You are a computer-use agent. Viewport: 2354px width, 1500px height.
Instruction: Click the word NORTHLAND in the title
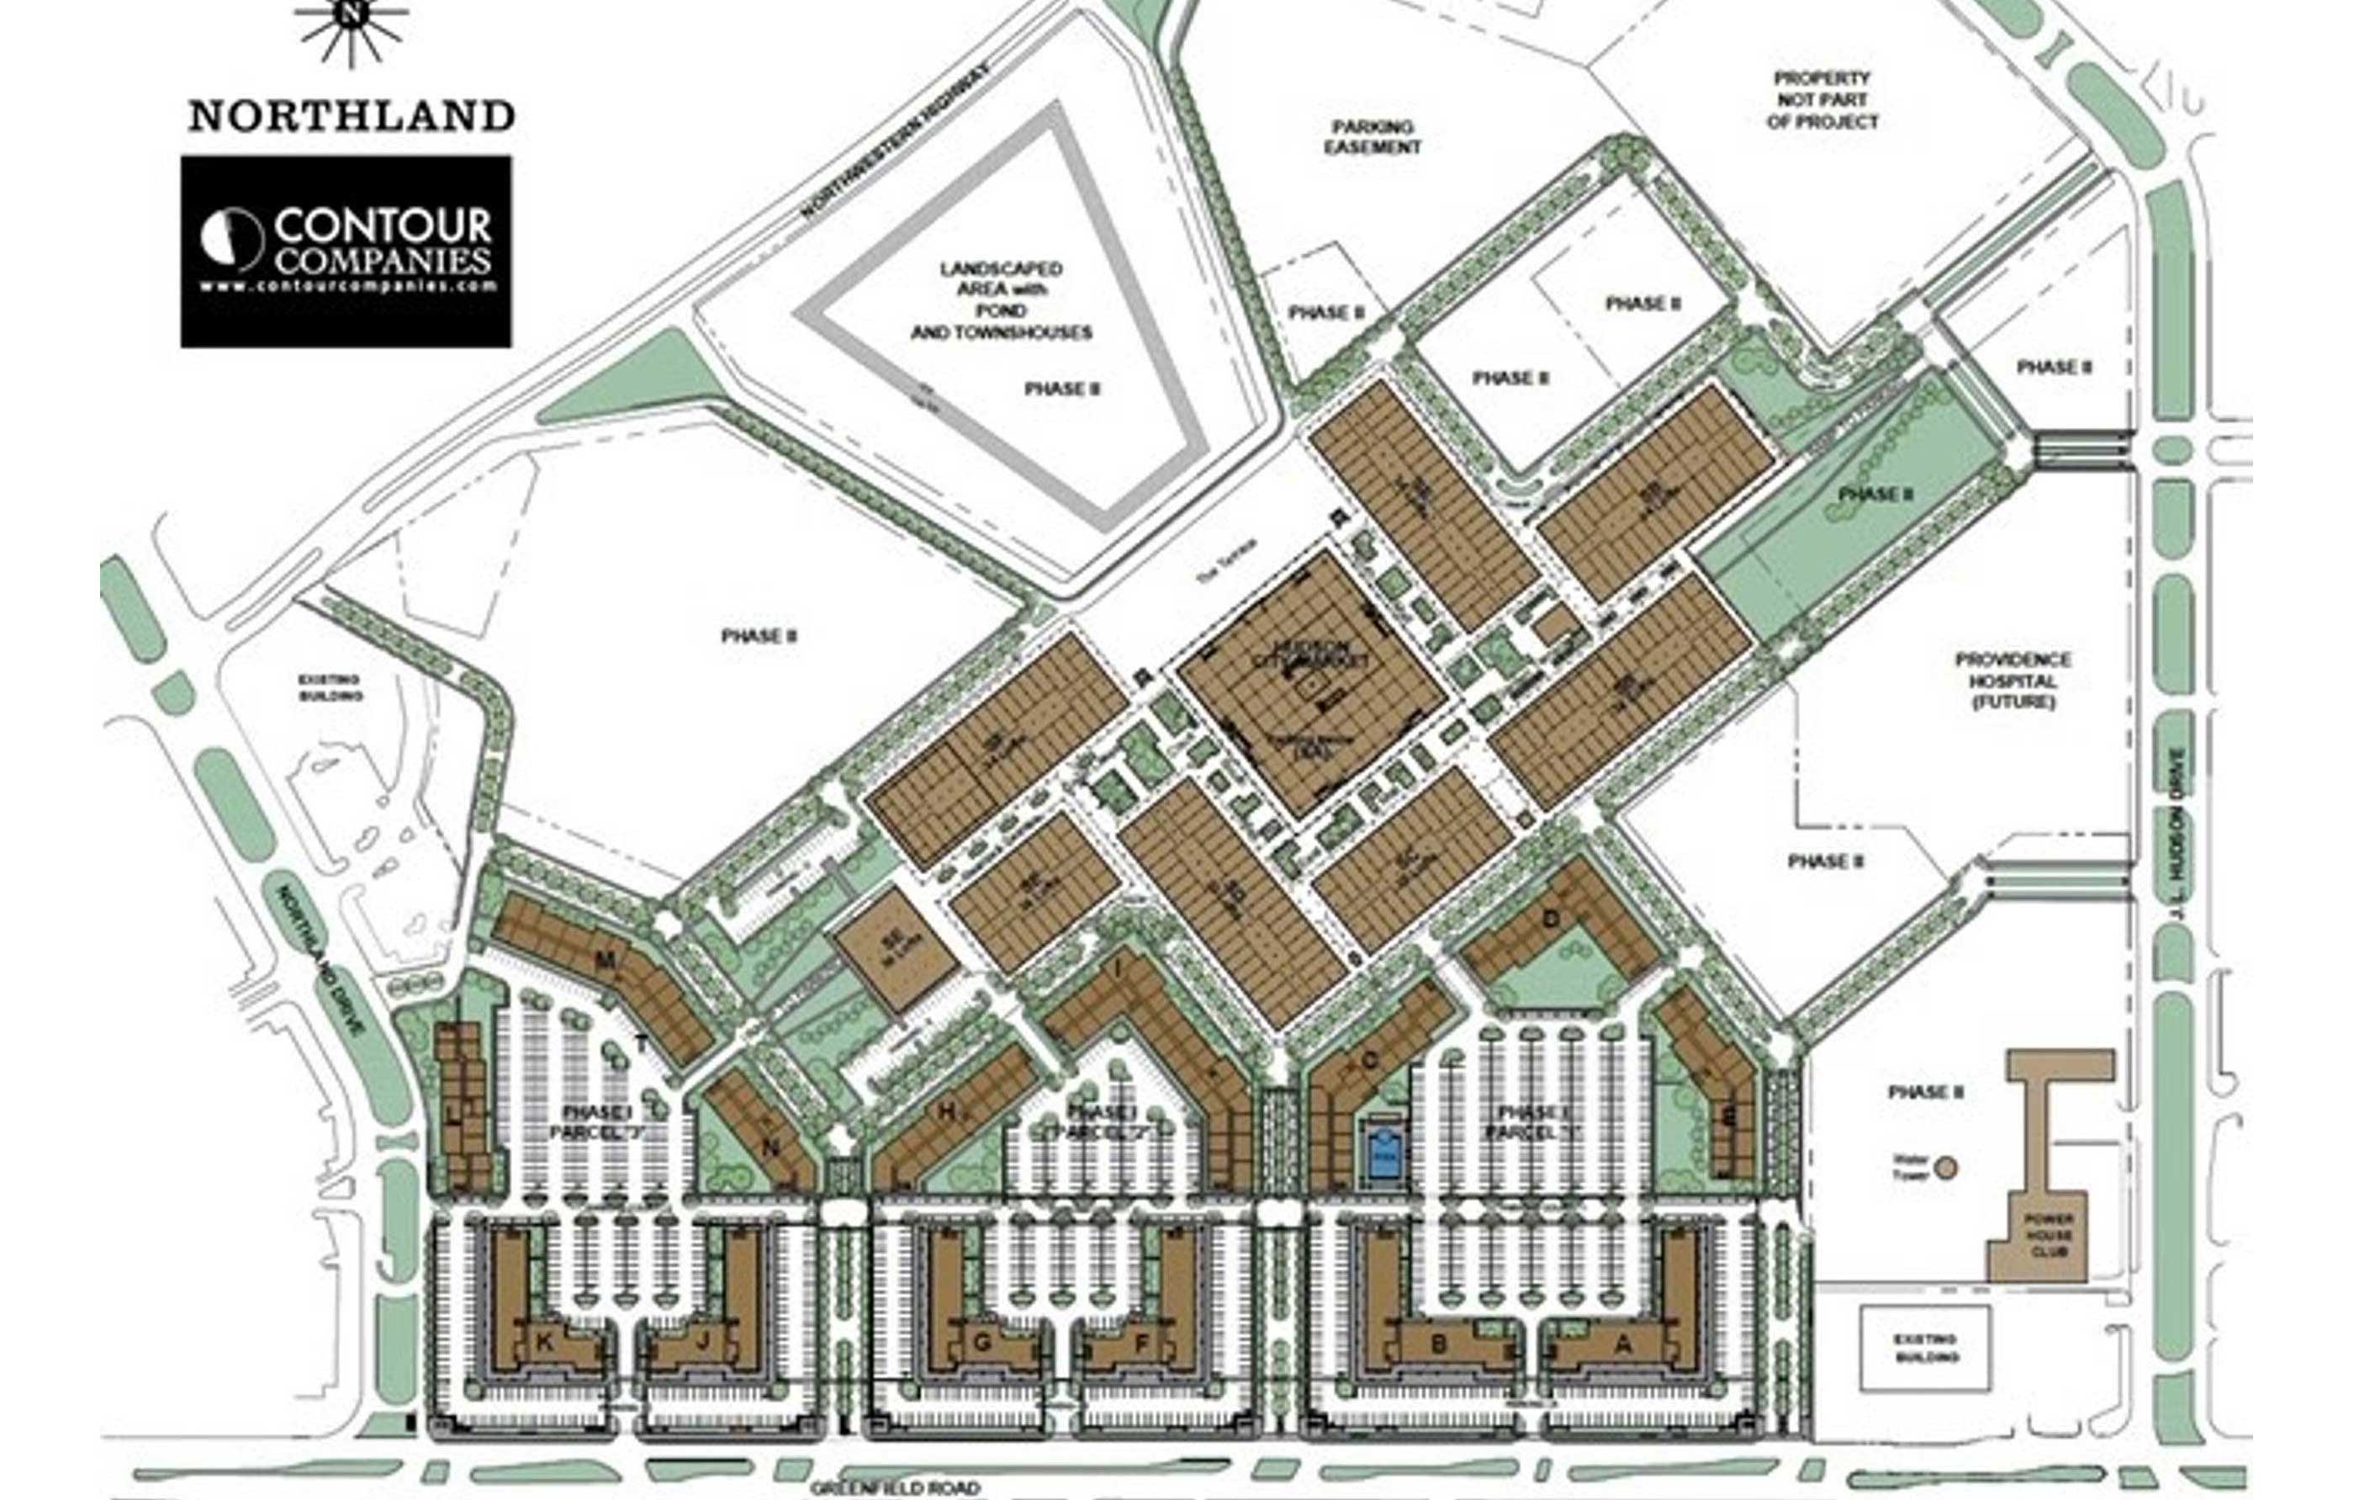pos(352,116)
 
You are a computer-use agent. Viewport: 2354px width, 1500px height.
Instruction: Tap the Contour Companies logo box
pos(346,252)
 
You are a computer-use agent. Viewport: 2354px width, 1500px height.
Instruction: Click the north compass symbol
pos(351,23)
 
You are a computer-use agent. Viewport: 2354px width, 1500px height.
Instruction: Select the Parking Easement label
pos(1373,137)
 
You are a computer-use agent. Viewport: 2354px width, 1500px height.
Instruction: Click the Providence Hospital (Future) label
pos(2013,681)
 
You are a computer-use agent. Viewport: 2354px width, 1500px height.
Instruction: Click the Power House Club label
pos(2048,1235)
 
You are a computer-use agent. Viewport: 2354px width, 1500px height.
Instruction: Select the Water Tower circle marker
pos(1946,1168)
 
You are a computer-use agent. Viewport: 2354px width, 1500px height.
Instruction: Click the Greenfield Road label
pos(895,1487)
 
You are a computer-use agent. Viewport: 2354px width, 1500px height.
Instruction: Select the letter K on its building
pos(544,1343)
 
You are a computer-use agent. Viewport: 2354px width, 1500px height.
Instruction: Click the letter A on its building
pos(1623,1344)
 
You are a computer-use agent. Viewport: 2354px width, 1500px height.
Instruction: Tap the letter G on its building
pos(982,1343)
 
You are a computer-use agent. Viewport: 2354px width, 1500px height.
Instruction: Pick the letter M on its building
pos(606,962)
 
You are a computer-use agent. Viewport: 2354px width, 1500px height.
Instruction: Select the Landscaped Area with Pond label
pos(1001,300)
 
